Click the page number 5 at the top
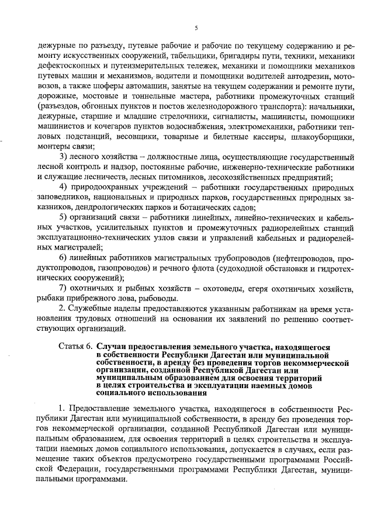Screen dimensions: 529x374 click(x=196, y=27)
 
